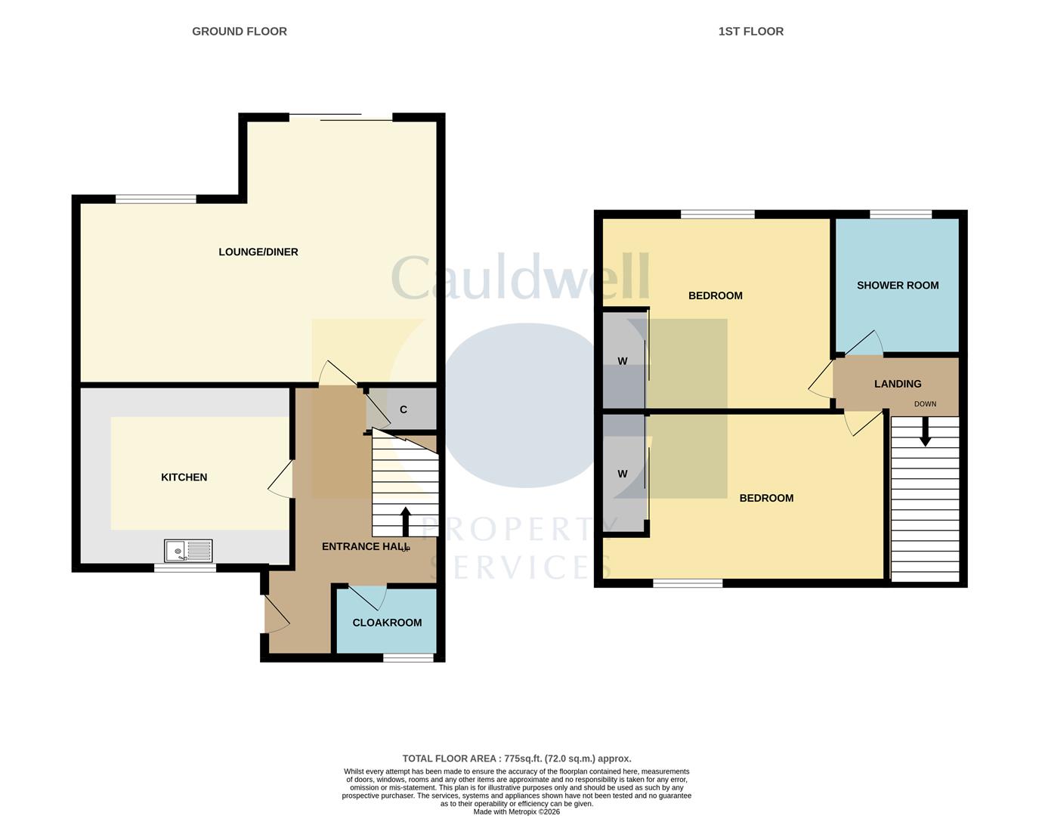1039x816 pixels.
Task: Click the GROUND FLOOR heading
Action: coord(239,31)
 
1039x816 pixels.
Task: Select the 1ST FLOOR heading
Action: coord(750,31)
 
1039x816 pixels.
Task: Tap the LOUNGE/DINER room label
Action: coord(258,252)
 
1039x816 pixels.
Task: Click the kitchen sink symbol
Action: coord(188,551)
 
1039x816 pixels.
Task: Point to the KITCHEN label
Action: coord(184,477)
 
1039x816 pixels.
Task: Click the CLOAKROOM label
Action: coord(387,623)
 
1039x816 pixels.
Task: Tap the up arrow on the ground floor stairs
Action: coord(405,521)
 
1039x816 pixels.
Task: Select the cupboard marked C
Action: coord(404,410)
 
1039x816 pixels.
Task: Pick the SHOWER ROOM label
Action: coord(898,285)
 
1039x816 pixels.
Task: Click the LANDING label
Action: coord(898,384)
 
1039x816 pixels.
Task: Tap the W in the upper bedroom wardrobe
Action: coord(623,361)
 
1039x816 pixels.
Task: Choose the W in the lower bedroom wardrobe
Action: coord(623,474)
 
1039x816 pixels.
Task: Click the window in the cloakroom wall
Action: coord(408,658)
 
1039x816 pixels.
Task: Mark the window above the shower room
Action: coord(900,215)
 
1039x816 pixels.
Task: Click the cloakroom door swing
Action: coord(369,597)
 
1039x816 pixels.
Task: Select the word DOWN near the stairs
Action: coord(925,404)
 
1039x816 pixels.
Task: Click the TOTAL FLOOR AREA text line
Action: coord(516,759)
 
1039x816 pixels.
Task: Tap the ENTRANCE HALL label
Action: coord(365,546)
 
